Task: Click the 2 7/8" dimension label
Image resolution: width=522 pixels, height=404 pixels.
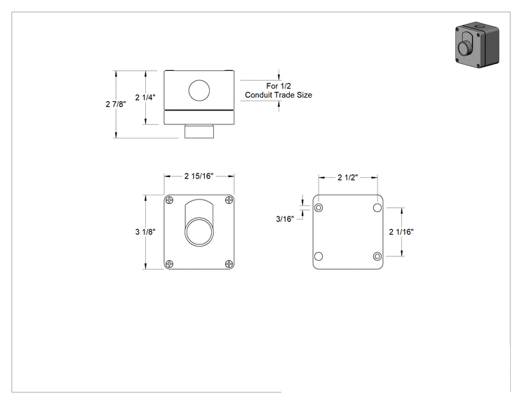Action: click(x=116, y=104)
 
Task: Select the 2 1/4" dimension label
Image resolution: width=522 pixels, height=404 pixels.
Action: click(x=145, y=98)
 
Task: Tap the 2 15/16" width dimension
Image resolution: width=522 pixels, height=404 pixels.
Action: click(x=199, y=176)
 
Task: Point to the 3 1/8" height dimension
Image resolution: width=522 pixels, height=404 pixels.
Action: click(x=145, y=232)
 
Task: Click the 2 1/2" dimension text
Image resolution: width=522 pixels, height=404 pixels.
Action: click(x=347, y=177)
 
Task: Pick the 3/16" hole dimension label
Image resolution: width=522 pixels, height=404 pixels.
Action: click(x=285, y=219)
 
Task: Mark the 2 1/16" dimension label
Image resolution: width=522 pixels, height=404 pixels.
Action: click(x=401, y=232)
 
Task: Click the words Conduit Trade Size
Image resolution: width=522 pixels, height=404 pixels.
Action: click(x=279, y=95)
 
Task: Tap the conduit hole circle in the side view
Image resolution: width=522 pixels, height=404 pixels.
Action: click(x=199, y=91)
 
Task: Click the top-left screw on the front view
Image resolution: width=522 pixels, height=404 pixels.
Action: click(x=170, y=200)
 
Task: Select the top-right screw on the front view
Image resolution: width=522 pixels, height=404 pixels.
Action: click(x=229, y=200)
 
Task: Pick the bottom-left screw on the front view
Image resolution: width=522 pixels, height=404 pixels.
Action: click(x=170, y=264)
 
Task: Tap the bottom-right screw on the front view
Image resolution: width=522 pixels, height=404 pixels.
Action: click(x=229, y=264)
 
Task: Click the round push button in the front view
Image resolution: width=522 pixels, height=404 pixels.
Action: click(x=199, y=232)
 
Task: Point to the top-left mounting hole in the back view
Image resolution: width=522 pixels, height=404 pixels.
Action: click(x=319, y=208)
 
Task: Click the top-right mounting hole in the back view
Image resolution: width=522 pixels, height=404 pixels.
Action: click(x=377, y=208)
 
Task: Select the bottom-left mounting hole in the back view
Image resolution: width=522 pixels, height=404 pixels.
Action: click(x=319, y=256)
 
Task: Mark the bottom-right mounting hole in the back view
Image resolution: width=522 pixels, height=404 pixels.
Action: click(x=377, y=256)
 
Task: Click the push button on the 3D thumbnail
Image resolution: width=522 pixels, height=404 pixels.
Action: click(x=463, y=48)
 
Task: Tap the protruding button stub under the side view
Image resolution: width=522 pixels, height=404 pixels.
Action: click(x=199, y=131)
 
